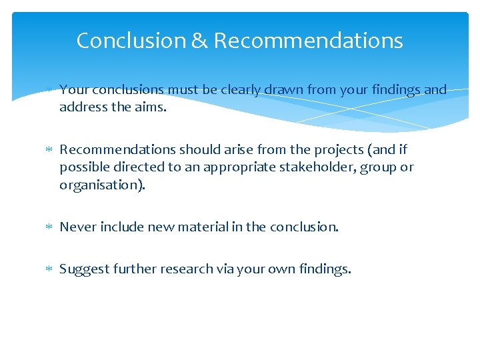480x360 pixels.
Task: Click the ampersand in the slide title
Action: pos(199,41)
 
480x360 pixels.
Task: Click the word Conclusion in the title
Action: pos(131,41)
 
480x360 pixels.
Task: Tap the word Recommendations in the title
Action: pos(308,41)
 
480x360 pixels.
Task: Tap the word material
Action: pos(199,227)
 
